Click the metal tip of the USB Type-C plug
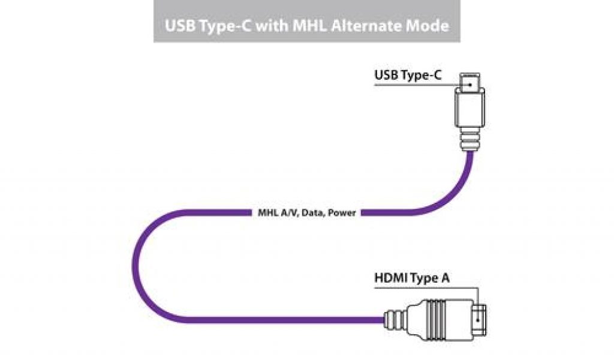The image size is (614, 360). (x=470, y=83)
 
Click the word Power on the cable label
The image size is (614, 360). (x=342, y=212)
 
